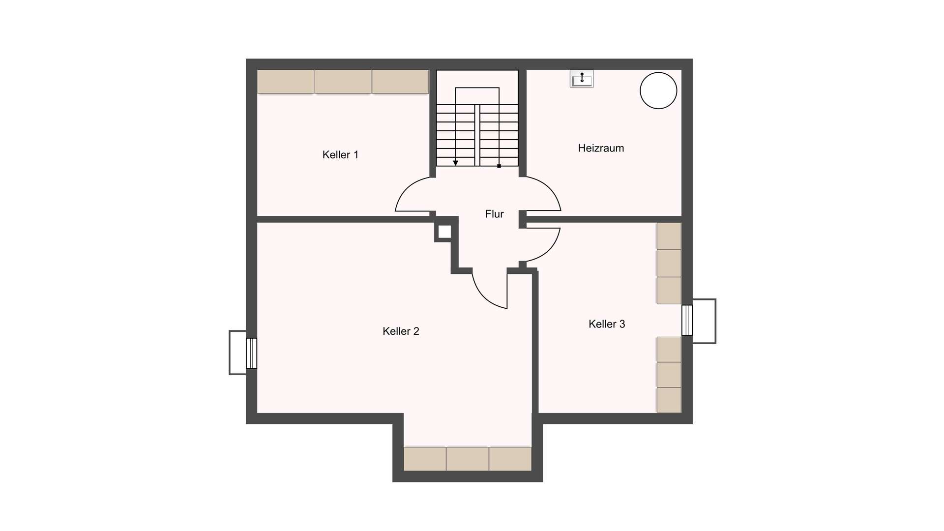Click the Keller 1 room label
click(x=340, y=155)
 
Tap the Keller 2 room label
click(x=401, y=331)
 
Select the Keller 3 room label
click(x=607, y=324)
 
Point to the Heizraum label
click(x=601, y=148)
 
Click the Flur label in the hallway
click(x=494, y=214)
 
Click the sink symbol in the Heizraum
click(x=582, y=79)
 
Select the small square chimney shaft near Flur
click(x=444, y=232)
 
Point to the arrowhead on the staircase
click(x=456, y=163)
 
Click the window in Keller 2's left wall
click(x=251, y=353)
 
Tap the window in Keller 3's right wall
click(x=687, y=320)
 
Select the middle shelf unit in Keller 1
click(x=343, y=82)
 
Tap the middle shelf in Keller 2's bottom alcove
click(x=468, y=459)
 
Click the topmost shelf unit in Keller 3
click(x=669, y=236)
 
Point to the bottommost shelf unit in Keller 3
click(x=669, y=400)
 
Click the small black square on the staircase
click(x=499, y=166)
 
